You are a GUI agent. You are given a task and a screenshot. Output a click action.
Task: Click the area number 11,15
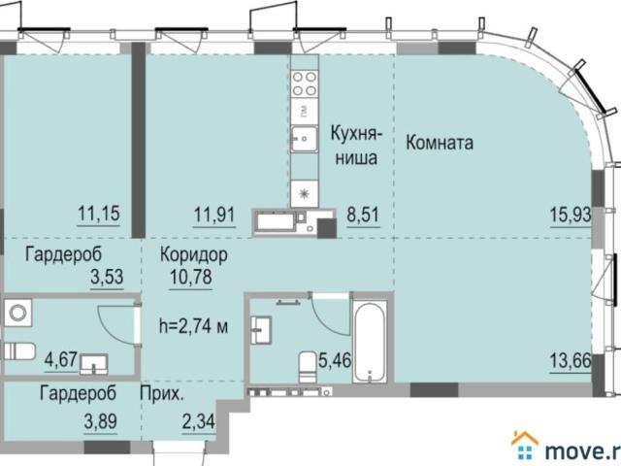99,214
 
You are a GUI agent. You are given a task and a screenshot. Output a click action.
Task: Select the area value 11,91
214,216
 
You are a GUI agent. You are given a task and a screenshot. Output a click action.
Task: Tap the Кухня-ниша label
356,146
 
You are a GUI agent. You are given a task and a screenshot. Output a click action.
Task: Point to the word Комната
440,143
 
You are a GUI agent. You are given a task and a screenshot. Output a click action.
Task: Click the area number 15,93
571,216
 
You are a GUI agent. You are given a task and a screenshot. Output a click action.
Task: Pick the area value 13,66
571,361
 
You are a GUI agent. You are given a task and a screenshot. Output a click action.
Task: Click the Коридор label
194,255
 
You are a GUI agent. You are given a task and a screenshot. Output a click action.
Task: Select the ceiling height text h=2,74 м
194,327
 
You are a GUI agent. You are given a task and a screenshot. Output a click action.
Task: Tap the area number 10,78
191,277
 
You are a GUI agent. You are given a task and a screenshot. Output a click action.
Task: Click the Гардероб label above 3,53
63,254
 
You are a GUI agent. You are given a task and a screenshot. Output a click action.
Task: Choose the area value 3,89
100,420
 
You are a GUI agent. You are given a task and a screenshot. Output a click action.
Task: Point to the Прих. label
162,394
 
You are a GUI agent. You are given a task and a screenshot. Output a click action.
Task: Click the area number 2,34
198,421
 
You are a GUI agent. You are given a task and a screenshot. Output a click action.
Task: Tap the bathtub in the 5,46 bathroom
369,343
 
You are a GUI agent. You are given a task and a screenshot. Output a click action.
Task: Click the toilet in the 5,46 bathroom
308,367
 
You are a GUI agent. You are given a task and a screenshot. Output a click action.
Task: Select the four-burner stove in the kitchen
305,83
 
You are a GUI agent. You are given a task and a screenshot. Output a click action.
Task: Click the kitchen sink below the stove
304,139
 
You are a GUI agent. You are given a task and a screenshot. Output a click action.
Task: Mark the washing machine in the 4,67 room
17,313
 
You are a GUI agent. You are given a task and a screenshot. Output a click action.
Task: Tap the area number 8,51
363,216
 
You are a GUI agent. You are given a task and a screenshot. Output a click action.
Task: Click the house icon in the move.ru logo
525,447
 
